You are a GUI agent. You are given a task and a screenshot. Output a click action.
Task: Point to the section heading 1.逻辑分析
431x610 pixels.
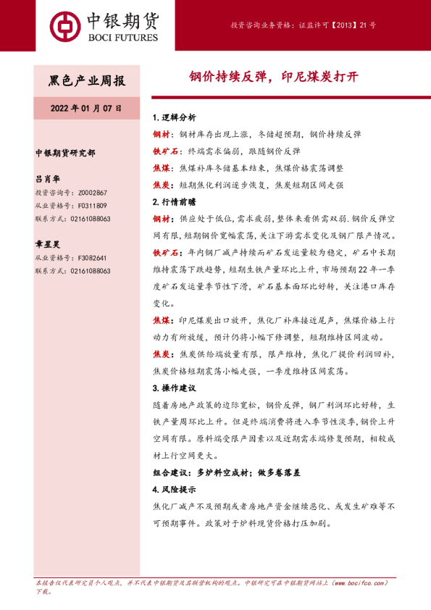point(175,118)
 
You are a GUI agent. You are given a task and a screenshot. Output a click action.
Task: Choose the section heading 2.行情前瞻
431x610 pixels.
point(175,201)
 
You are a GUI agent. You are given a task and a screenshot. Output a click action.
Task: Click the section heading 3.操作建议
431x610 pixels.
point(175,388)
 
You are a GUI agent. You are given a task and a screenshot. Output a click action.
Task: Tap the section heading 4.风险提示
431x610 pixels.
point(175,489)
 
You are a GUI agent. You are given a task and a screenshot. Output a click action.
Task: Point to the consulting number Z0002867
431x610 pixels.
point(91,193)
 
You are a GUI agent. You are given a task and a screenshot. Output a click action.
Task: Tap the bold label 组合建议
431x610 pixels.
point(173,472)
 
